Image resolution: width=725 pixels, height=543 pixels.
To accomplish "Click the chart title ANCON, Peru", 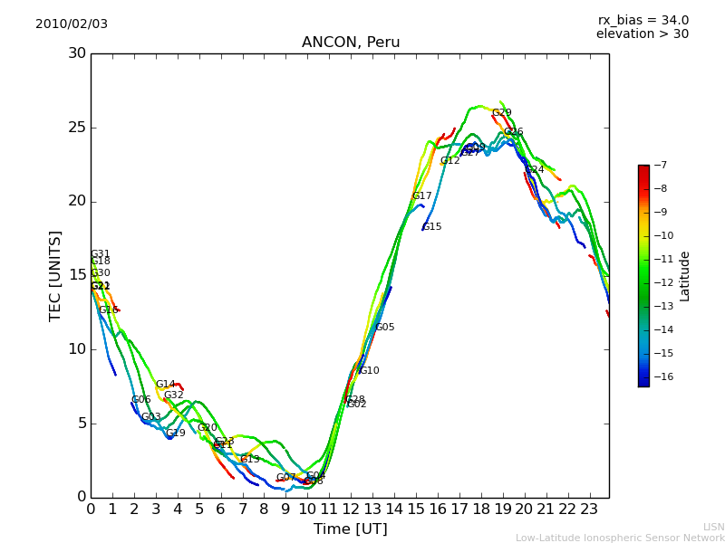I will pos(350,43).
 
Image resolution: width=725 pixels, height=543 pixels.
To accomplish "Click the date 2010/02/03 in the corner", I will pos(72,24).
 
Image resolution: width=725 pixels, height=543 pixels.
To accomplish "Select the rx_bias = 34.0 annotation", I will pos(643,20).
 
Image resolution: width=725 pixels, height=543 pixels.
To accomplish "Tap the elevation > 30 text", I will pos(642,34).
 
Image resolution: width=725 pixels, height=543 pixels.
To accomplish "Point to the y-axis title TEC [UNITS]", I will pos(55,275).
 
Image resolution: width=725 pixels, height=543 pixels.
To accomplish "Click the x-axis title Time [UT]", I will pos(350,529).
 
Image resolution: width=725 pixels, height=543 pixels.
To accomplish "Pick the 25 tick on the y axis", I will pos(77,128).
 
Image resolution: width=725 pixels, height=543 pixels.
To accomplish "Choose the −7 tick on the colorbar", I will pos(662,166).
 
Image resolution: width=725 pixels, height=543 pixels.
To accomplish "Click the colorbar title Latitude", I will pos(685,276).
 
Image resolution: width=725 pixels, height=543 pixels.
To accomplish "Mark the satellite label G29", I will pos(501,113).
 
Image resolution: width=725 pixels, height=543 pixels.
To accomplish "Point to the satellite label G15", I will pos(431,227).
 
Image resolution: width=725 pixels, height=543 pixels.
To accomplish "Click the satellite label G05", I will pos(384,328).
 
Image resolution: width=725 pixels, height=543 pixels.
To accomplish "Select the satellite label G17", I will pos(421,196).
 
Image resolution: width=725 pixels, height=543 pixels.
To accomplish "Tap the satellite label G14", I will pos(165,385).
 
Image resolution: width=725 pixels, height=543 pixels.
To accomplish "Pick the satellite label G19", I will pos(175,433).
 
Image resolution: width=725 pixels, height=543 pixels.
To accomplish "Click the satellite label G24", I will pos(534,170).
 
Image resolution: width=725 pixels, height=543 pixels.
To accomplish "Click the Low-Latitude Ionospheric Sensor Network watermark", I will pos(620,538).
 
